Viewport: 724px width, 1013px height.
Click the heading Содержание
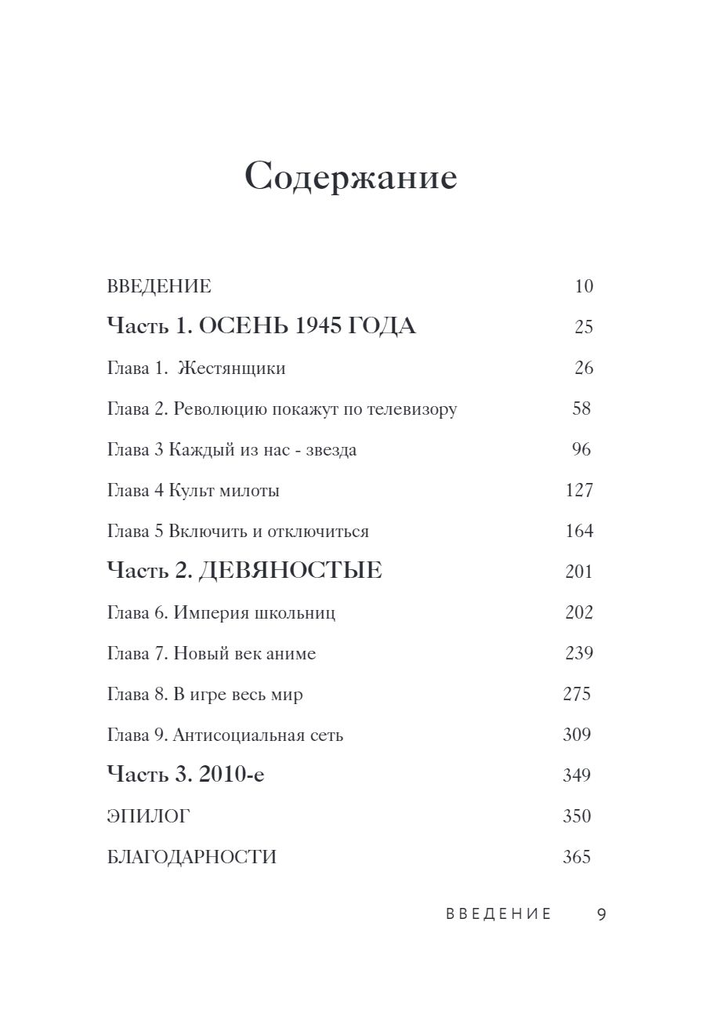coord(351,178)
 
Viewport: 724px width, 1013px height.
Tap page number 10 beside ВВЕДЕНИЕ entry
coord(584,286)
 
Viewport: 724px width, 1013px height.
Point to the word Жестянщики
coord(231,369)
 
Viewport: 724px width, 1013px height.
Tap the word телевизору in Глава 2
coord(417,409)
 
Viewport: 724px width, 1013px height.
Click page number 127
coord(579,491)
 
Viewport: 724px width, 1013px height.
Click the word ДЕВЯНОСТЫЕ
coord(290,572)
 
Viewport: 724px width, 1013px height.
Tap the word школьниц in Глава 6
coord(296,613)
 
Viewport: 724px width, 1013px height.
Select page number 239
coord(579,653)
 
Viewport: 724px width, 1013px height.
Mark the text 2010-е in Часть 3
coord(232,775)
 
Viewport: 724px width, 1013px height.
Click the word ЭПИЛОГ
coord(148,817)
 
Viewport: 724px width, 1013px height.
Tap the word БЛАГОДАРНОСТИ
coord(191,858)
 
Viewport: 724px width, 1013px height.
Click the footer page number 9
coord(602,914)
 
